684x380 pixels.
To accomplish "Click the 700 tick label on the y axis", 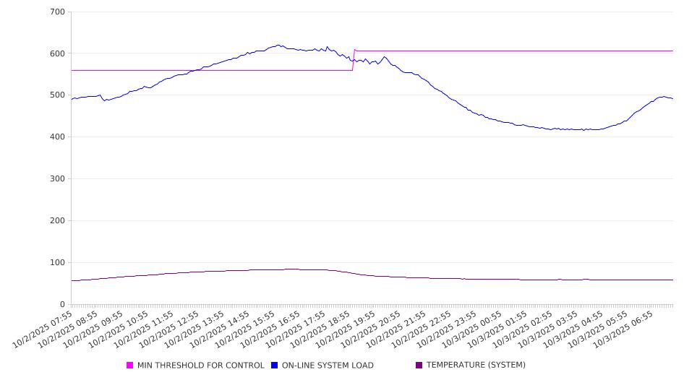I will [57, 12].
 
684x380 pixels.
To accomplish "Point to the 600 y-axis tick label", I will [57, 53].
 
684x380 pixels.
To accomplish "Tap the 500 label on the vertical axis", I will [57, 95].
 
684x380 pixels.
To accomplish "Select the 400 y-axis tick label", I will [57, 137].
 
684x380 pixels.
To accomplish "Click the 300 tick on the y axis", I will [57, 179].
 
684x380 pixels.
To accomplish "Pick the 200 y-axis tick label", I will [57, 221].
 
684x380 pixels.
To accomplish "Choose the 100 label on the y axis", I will [57, 263].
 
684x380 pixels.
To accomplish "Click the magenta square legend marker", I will [130, 366].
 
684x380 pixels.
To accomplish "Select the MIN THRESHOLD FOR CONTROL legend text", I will [200, 366].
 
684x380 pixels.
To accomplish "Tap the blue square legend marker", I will [275, 366].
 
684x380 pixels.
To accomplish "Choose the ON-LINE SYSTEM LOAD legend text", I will [328, 366].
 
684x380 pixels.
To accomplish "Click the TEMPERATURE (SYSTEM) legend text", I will [476, 366].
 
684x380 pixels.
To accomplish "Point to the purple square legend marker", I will [419, 366].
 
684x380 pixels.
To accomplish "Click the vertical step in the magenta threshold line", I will [354, 60].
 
